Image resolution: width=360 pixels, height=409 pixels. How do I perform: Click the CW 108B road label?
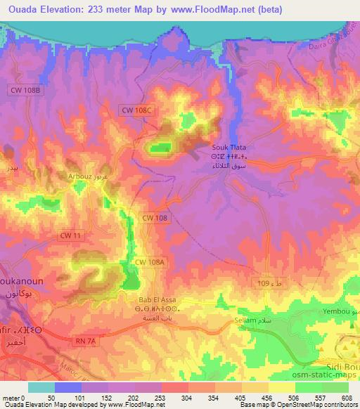click(28, 91)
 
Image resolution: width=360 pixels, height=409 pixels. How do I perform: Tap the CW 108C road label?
click(136, 110)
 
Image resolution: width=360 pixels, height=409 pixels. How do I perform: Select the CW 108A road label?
click(150, 261)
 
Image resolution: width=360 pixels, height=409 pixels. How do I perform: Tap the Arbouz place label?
click(79, 176)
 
